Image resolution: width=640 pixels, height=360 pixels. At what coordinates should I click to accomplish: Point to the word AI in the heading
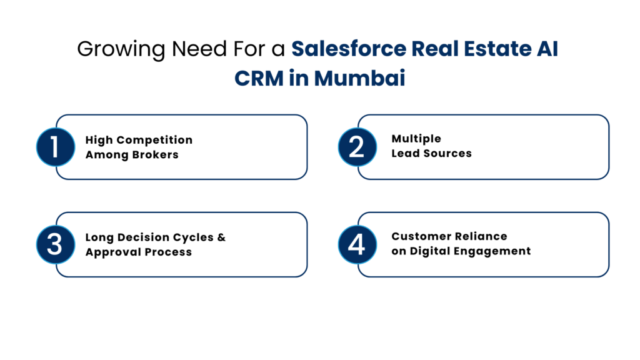pos(547,49)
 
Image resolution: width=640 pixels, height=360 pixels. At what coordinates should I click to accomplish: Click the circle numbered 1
pos(55,147)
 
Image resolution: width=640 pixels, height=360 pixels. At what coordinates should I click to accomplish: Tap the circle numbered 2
pos(357,147)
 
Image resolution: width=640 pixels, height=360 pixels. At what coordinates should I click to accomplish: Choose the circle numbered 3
pos(55,244)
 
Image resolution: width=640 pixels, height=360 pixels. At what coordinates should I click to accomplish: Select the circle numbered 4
pos(357,244)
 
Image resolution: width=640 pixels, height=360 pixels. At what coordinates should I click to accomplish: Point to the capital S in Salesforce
pos(298,49)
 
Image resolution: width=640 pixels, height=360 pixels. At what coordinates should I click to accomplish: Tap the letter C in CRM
pos(241,79)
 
